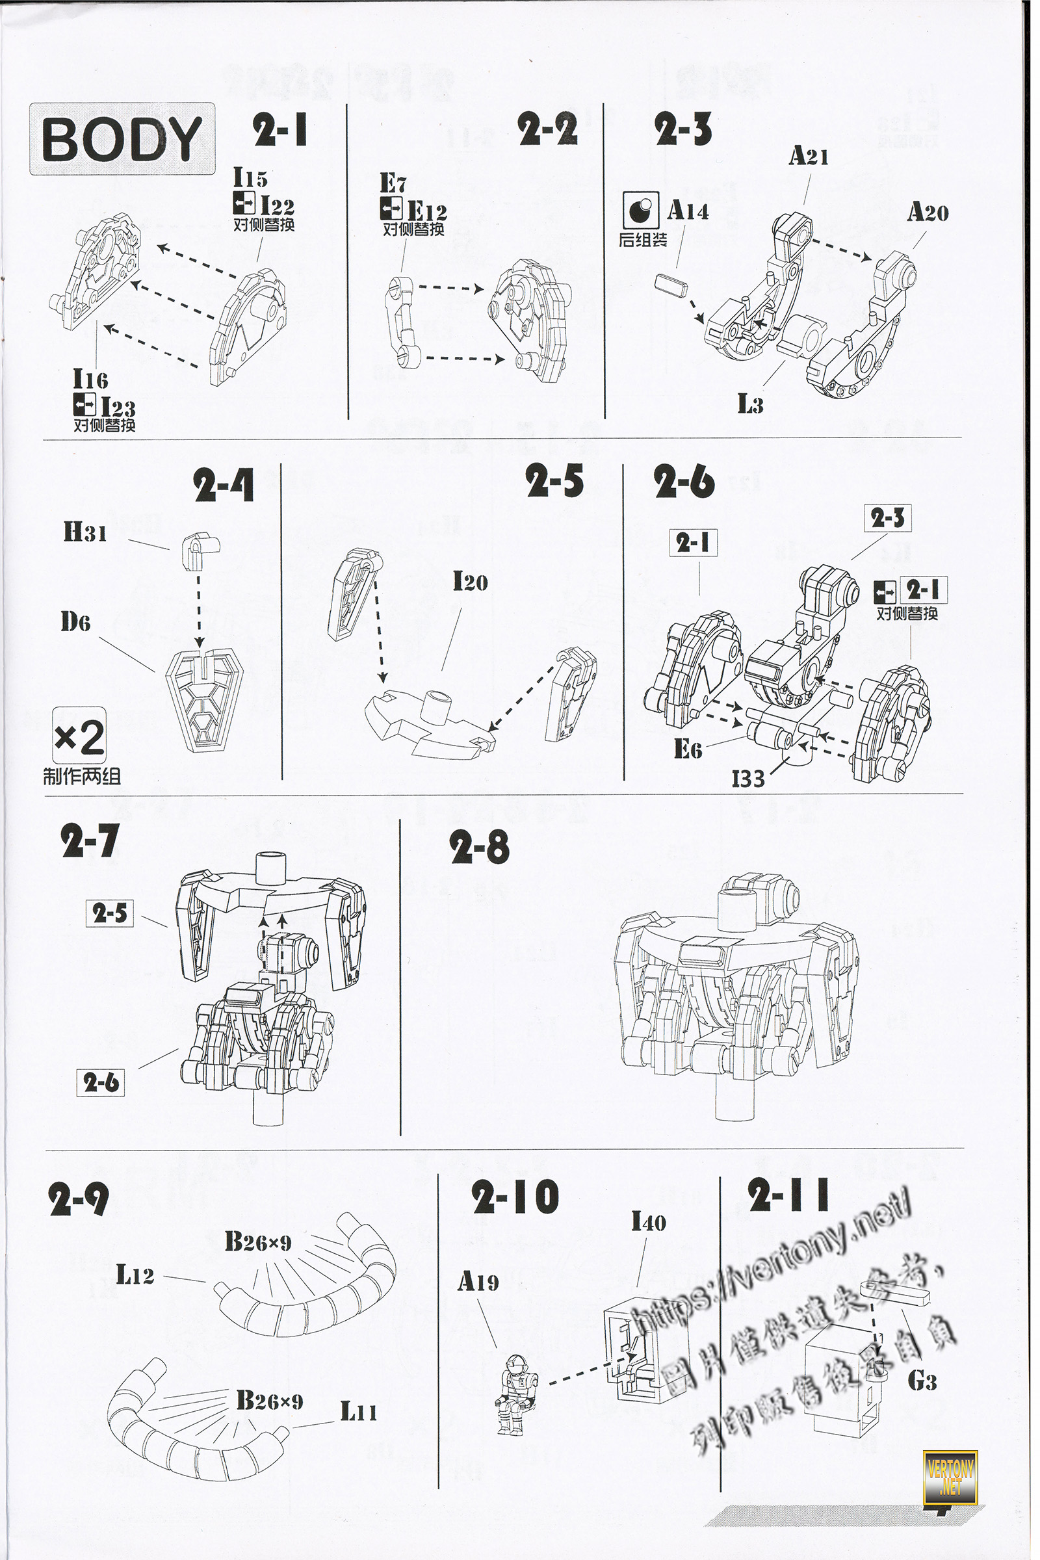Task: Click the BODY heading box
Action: coord(122,138)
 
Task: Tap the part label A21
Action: coord(808,157)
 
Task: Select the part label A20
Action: coord(928,213)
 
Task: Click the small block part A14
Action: coord(671,287)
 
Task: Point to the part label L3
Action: coord(750,404)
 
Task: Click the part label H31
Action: coord(85,532)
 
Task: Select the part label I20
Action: coord(470,582)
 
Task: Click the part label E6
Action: coord(687,749)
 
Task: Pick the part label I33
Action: coord(747,779)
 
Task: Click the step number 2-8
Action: coord(479,848)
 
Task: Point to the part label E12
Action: coord(426,213)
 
